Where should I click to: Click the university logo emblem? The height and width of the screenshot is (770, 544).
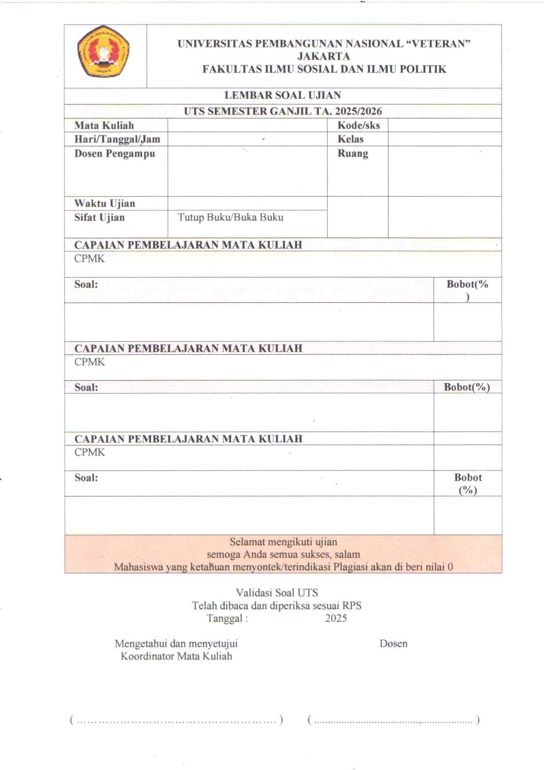pyautogui.click(x=104, y=51)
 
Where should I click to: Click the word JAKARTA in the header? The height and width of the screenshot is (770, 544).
pyautogui.click(x=324, y=56)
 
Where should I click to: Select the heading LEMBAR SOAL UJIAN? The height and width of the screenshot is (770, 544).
pyautogui.click(x=283, y=95)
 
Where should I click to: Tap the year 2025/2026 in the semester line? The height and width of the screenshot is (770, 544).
pyautogui.click(x=358, y=111)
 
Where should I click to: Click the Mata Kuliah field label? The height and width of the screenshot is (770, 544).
pyautogui.click(x=104, y=125)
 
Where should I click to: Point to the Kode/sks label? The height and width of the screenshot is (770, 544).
pyautogui.click(x=358, y=125)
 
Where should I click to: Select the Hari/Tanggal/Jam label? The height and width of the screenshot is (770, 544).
pyautogui.click(x=117, y=139)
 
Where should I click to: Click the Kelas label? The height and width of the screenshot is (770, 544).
pyautogui.click(x=350, y=139)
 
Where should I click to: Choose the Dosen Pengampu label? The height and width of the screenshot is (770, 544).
pyautogui.click(x=115, y=154)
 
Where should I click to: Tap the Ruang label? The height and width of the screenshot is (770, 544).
pyautogui.click(x=352, y=154)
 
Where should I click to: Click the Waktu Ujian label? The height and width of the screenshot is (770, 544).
pyautogui.click(x=104, y=203)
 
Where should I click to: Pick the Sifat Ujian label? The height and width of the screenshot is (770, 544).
pyautogui.click(x=99, y=217)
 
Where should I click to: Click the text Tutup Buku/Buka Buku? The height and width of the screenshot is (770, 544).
pyautogui.click(x=230, y=217)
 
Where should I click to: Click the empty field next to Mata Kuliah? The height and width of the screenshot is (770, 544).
pyautogui.click(x=247, y=125)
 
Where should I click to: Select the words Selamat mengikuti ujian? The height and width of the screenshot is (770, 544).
pyautogui.click(x=283, y=542)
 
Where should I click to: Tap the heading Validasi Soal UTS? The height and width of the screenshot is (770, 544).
pyautogui.click(x=277, y=593)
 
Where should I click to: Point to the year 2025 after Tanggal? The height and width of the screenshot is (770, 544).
pyautogui.click(x=336, y=618)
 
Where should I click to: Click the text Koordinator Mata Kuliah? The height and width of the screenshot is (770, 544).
pyautogui.click(x=176, y=656)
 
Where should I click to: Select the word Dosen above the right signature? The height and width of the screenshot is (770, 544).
pyautogui.click(x=393, y=644)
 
